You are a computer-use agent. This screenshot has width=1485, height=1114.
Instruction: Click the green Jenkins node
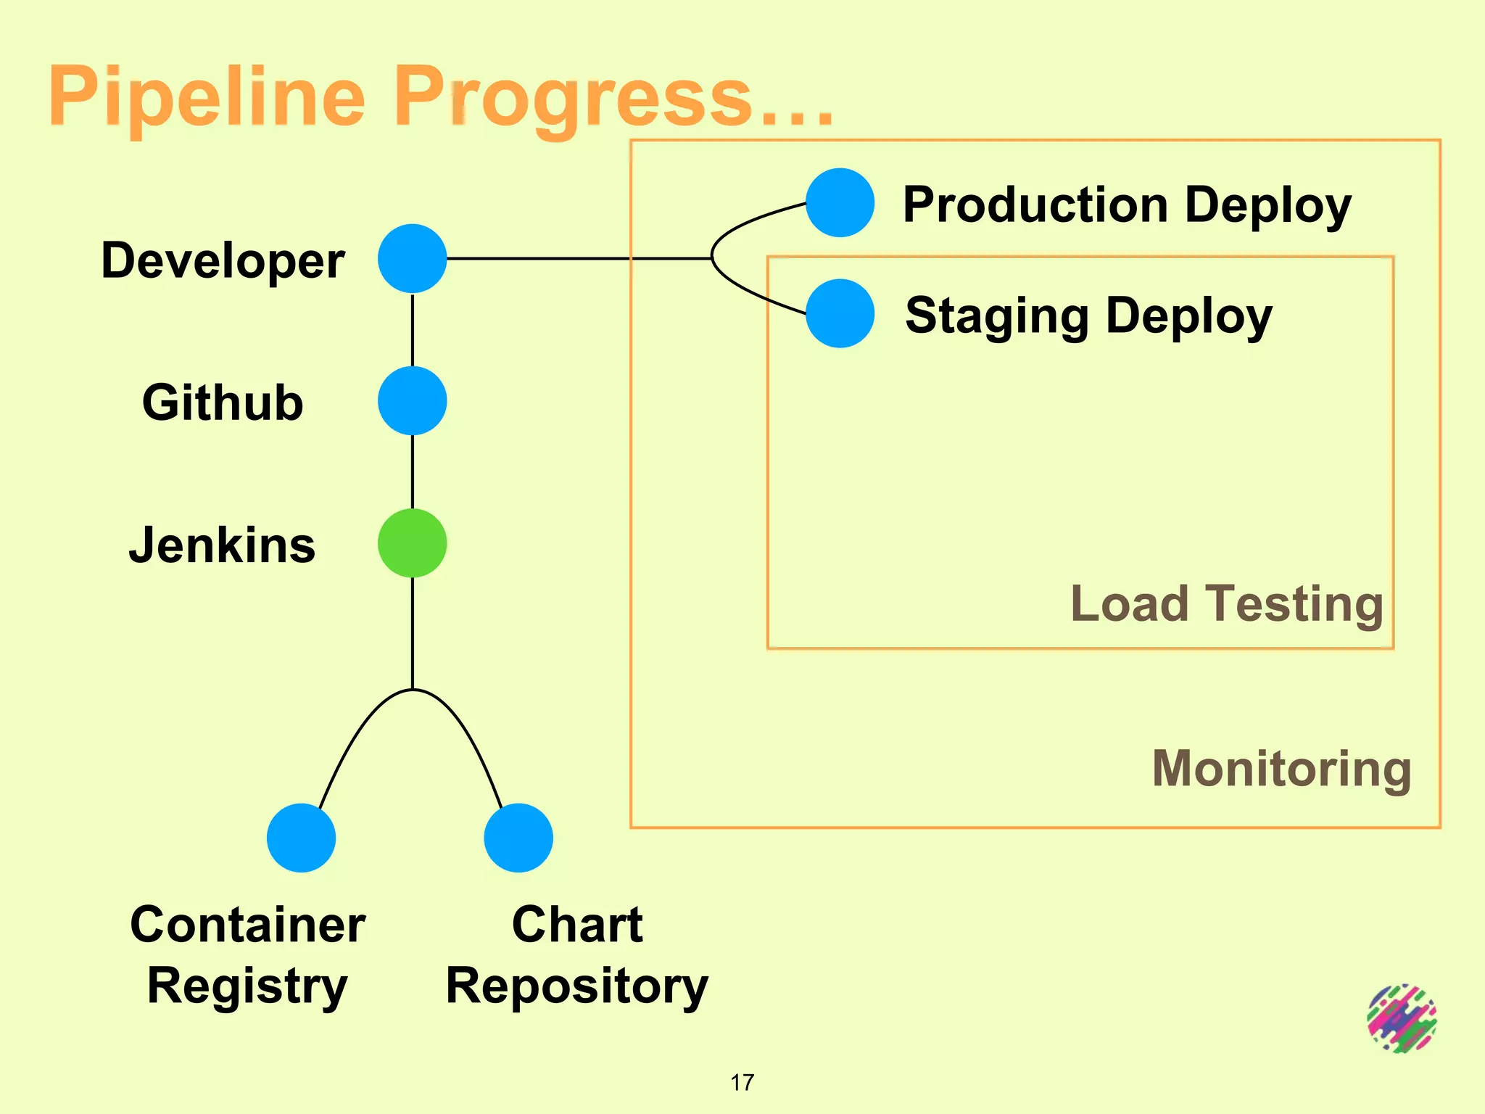tap(412, 543)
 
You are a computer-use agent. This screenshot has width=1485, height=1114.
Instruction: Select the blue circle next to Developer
tap(412, 258)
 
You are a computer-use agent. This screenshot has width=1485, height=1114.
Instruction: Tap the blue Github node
tap(412, 400)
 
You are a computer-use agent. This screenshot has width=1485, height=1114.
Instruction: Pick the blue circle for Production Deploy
tap(840, 202)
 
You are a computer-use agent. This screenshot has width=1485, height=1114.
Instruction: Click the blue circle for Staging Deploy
tap(840, 313)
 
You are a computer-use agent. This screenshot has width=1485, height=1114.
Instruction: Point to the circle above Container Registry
tap(301, 838)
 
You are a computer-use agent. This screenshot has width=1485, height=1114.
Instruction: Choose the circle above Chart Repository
tap(518, 838)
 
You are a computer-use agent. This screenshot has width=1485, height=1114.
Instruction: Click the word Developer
tap(223, 260)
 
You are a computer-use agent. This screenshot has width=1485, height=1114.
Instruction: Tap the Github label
tap(223, 403)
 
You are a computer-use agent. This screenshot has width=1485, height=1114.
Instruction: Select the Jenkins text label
tap(223, 545)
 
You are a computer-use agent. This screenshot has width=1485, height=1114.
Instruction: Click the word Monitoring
tap(1281, 769)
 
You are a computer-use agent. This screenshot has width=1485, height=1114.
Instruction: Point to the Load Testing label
tap(1227, 604)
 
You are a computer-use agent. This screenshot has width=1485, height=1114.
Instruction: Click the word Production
tap(1035, 205)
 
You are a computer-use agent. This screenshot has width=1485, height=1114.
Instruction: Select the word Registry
tap(247, 986)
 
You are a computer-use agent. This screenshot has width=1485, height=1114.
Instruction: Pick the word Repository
tap(576, 986)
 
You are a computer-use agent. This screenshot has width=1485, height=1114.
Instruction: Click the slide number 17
tap(742, 1083)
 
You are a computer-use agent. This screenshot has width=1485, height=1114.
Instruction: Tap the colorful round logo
tap(1402, 1018)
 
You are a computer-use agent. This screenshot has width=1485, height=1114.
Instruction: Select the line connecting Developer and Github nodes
tap(412, 330)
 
